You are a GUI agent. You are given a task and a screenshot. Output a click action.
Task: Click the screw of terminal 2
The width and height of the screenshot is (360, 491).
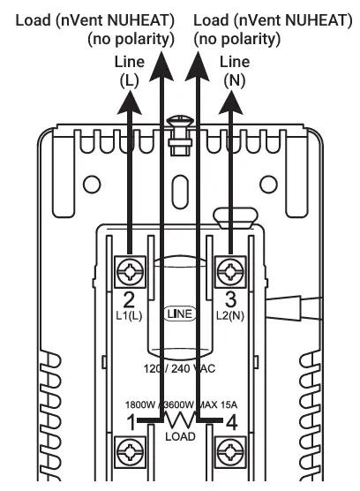coord(130,271)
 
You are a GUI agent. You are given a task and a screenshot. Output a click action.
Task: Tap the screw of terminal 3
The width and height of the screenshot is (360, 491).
coord(230,271)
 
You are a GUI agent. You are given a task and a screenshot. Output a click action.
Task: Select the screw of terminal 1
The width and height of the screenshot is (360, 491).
coord(130,452)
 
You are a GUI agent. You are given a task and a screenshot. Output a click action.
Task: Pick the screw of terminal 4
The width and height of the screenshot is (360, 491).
coord(230,452)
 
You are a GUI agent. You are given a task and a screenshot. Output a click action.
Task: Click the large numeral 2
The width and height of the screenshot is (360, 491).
coord(129,299)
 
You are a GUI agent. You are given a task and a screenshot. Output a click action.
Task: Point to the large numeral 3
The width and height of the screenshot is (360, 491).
coord(230,299)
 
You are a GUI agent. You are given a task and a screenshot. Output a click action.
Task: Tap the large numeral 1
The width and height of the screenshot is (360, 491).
coord(131,422)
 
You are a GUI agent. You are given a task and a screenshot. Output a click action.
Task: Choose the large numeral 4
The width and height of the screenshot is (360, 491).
coord(231,423)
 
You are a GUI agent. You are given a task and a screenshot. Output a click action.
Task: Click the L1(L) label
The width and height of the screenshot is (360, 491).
coord(129,315)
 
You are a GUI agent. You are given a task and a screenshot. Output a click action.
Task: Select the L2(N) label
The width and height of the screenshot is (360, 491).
coord(230,315)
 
